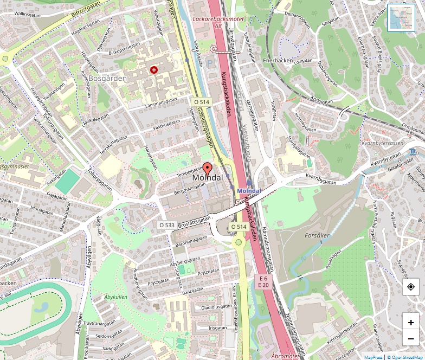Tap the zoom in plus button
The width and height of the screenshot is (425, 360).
pos(411,323)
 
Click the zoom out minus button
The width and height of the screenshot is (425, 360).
pos(411,339)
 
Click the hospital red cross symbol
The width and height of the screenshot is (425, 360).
pos(154,70)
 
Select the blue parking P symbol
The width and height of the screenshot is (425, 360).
pos(210,63)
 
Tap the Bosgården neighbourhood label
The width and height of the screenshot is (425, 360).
pos(107,78)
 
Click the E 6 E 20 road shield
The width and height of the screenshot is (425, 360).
pos(263,281)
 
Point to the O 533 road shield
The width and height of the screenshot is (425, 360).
pos(168,224)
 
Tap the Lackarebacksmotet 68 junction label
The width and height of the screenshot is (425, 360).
pos(218,22)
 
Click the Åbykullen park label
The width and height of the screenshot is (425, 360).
pos(115,297)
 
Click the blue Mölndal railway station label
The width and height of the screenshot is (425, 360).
pos(249,191)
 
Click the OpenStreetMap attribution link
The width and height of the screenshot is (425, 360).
pos(406,357)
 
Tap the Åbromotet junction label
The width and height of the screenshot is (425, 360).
pos(285,356)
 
